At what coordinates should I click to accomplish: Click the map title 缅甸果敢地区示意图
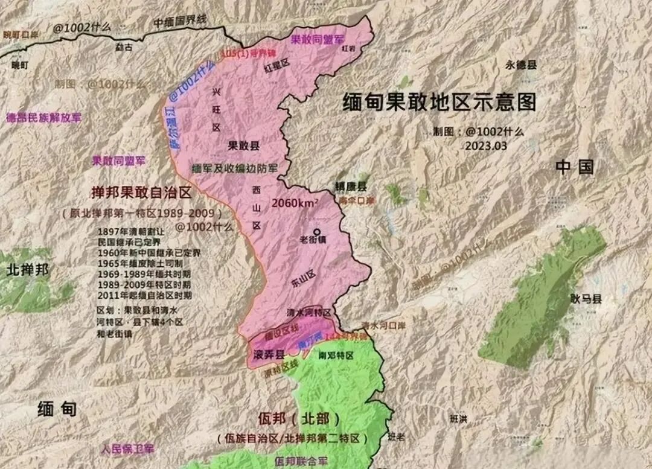coord(439,102)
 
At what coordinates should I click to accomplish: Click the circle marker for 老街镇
coord(316,231)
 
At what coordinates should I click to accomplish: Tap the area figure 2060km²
coord(295,203)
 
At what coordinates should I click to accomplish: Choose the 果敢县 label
coord(244,145)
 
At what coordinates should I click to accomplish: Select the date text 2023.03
coord(487,145)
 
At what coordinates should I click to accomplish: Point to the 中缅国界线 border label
coord(179,21)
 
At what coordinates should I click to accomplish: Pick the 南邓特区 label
coord(336,356)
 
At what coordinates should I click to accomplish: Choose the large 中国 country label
coord(575,167)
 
